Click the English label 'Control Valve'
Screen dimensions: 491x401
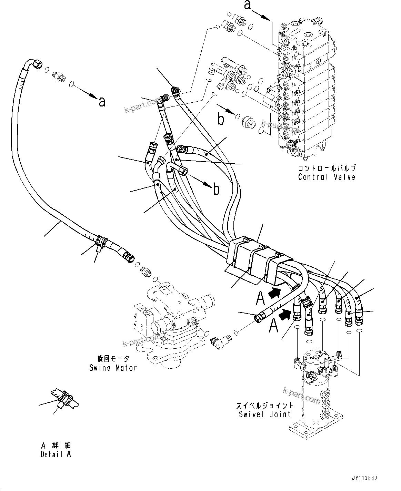(326, 177)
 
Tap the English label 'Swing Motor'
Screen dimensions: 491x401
(113, 368)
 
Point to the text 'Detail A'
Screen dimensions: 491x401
(56, 454)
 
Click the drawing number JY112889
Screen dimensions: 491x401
(364, 478)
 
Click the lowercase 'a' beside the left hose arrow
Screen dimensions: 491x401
(102, 102)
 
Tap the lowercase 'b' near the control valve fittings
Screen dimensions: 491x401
(221, 119)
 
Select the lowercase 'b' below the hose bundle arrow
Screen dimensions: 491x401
(216, 189)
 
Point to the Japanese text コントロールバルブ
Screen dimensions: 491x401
(326, 168)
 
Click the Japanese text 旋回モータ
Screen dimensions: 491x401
(113, 359)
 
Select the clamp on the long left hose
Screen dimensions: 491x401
(100, 241)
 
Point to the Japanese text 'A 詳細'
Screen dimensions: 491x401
(56, 446)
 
